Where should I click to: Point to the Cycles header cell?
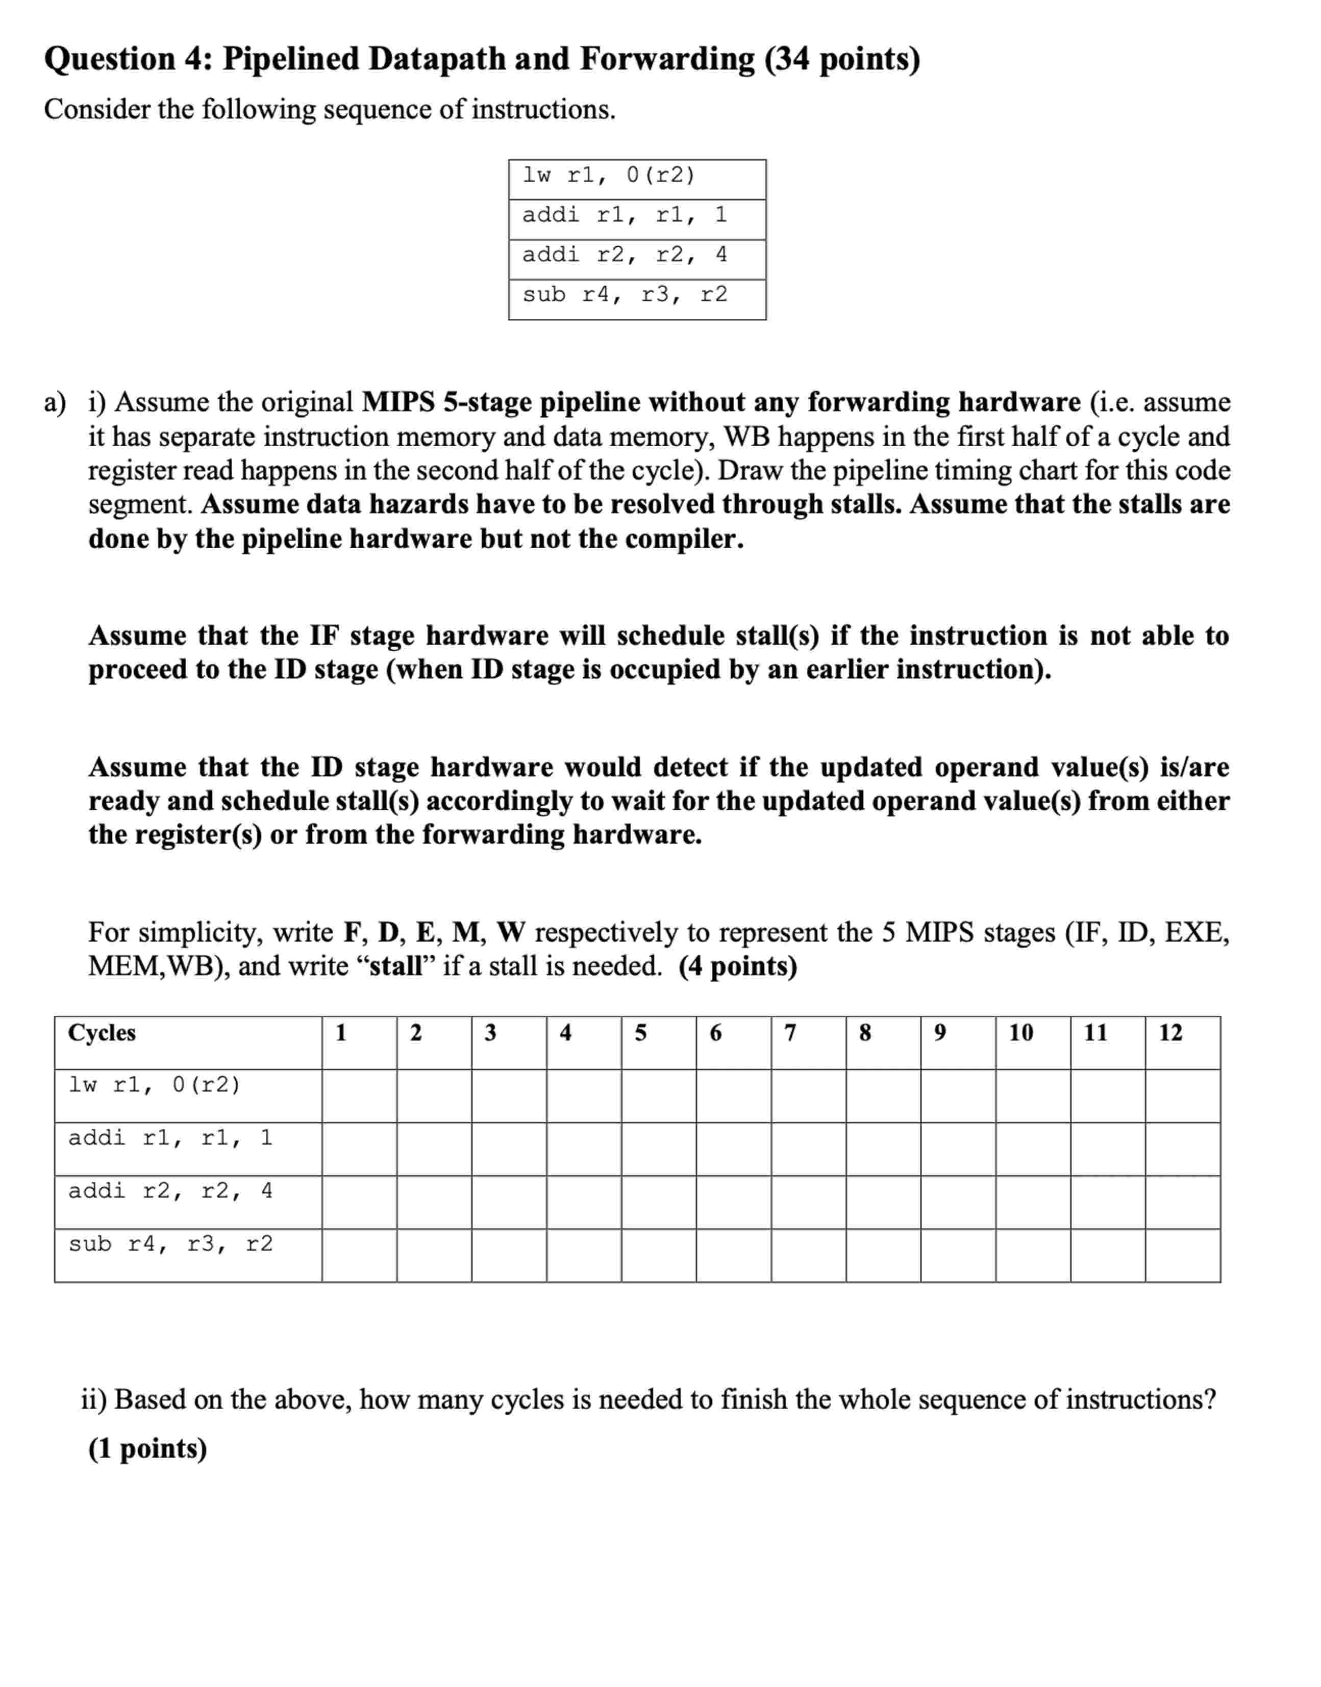pyautogui.click(x=102, y=1033)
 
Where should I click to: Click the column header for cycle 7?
pyautogui.click(x=790, y=1033)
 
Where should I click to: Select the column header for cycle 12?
pyautogui.click(x=1170, y=1033)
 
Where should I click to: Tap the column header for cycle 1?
pyautogui.click(x=340, y=1033)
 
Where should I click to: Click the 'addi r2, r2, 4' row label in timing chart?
pyautogui.click(x=170, y=1191)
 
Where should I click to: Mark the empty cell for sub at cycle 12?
pyautogui.click(x=1183, y=1256)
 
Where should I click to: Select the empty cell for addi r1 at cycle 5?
pyautogui.click(x=658, y=1149)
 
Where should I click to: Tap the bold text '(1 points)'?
pyautogui.click(x=147, y=1448)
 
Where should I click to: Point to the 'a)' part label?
pyautogui.click(x=55, y=403)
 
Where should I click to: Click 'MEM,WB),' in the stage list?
pyautogui.click(x=159, y=966)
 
